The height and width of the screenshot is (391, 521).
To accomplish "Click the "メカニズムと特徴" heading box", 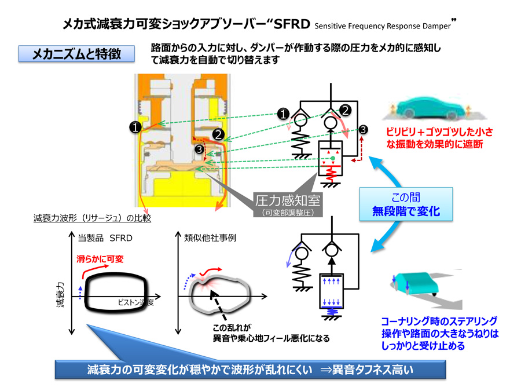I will [x=76, y=54].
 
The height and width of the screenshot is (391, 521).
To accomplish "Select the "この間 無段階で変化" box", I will [x=405, y=205].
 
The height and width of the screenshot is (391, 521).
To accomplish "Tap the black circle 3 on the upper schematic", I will [x=363, y=129].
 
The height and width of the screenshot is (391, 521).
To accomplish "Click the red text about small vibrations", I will [x=433, y=137].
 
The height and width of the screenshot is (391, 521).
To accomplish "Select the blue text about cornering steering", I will [x=439, y=333].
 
